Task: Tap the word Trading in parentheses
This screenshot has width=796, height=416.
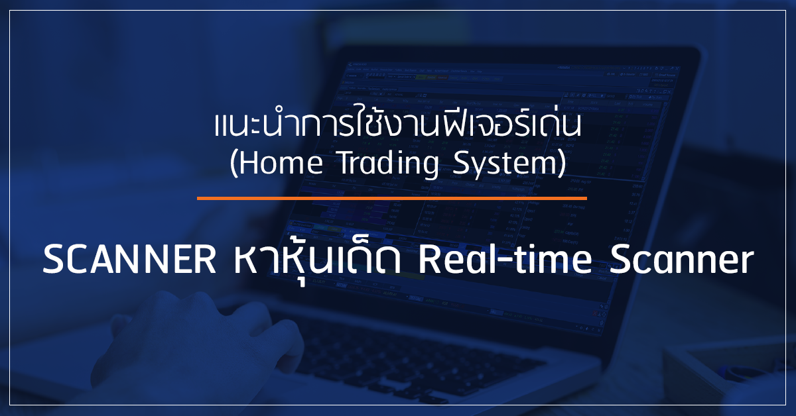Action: coord(389,164)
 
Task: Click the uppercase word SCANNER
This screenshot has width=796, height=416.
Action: coord(129,260)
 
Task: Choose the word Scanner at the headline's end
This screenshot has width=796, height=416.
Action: coord(682,260)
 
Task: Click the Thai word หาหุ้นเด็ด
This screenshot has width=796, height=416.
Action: coord(317,263)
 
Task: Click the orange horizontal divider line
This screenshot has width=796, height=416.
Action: coord(391,199)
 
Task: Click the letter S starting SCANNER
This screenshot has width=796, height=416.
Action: coord(52,260)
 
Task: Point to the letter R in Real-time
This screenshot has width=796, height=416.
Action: coord(429,260)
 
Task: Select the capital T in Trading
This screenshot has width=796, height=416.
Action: coord(347,163)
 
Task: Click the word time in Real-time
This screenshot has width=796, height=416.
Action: coord(551,260)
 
